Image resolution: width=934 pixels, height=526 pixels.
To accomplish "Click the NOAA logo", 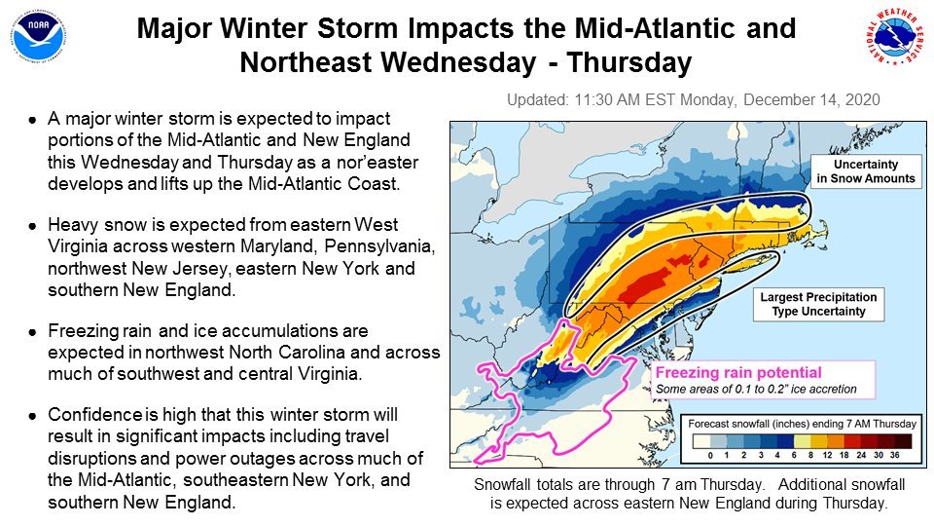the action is click(x=38, y=36).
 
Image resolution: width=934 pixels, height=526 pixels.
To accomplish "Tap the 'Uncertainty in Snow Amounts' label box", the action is click(x=866, y=171).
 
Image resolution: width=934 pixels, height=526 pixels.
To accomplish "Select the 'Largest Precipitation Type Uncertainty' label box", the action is click(x=818, y=304).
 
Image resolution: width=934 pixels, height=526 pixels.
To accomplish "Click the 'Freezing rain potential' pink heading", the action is click(x=738, y=373).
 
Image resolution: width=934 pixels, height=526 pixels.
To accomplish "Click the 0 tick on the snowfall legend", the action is click(x=710, y=455).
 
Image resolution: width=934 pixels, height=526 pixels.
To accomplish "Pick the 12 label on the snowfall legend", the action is click(x=827, y=455).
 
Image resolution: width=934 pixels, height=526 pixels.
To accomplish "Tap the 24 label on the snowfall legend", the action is click(x=861, y=455).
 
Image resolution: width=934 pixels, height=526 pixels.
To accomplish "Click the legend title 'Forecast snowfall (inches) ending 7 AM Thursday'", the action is click(x=802, y=424).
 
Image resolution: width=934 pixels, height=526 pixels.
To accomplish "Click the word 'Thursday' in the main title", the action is click(x=629, y=62).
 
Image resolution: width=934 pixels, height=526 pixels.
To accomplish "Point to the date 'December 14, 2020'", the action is click(x=811, y=99).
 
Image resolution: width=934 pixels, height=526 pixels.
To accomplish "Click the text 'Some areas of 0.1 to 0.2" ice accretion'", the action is click(x=756, y=390).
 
